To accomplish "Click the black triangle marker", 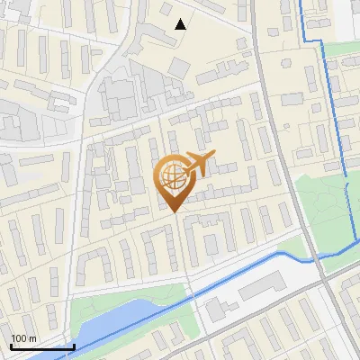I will tap(181, 24).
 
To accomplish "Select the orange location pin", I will tap(175, 180).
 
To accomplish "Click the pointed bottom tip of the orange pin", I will tap(175, 211).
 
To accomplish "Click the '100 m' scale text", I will tap(23, 338).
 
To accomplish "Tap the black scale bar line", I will tap(41, 346).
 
